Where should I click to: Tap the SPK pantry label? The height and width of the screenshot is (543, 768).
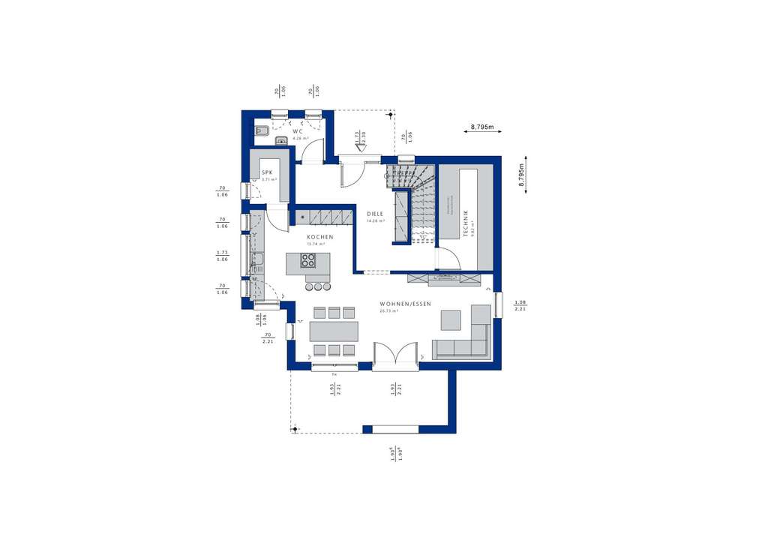pyautogui.click(x=266, y=172)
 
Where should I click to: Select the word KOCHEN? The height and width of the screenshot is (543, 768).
pyautogui.click(x=319, y=237)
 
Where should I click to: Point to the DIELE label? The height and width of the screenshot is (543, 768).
pyautogui.click(x=375, y=214)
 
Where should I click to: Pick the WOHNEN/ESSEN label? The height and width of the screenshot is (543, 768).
pyautogui.click(x=410, y=304)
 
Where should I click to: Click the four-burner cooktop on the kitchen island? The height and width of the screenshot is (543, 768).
pyautogui.click(x=308, y=260)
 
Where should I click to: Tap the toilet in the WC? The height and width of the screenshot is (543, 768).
pyautogui.click(x=280, y=139)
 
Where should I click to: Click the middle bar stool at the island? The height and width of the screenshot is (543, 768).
pyautogui.click(x=317, y=286)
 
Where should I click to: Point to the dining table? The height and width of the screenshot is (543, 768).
pyautogui.click(x=334, y=331)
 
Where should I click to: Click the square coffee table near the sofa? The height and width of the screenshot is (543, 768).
pyautogui.click(x=451, y=320)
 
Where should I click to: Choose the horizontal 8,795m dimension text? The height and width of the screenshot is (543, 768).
pyautogui.click(x=483, y=127)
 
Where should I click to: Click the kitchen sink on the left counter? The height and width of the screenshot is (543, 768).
pyautogui.click(x=257, y=261)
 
